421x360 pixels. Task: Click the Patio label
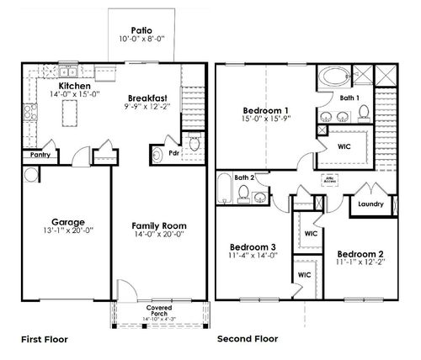tap(141, 30)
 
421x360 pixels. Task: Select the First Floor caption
tap(43, 340)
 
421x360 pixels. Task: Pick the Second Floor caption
tap(249, 340)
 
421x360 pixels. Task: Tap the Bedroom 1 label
tap(265, 111)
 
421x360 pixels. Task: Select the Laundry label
tap(370, 204)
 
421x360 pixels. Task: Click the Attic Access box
tap(330, 179)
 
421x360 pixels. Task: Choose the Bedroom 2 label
tap(360, 253)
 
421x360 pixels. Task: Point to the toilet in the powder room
tap(194, 146)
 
